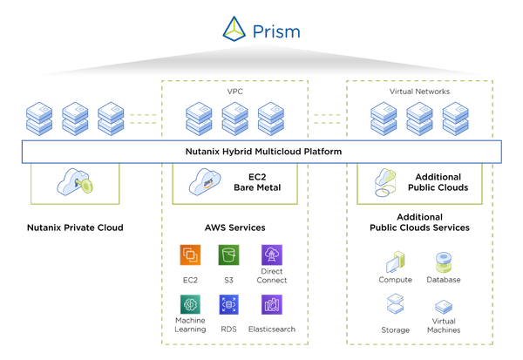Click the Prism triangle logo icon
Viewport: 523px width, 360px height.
pyautogui.click(x=234, y=30)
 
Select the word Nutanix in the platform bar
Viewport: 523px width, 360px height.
pyautogui.click(x=206, y=152)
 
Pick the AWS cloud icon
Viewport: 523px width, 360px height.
pyautogui.click(x=206, y=182)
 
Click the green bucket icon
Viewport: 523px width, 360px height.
pyautogui.click(x=229, y=254)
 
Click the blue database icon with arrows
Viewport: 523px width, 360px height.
pyautogui.click(x=229, y=303)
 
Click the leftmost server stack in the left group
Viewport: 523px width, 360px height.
pyautogui.click(x=39, y=119)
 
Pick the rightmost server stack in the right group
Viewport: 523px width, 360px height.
pyautogui.click(x=455, y=119)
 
